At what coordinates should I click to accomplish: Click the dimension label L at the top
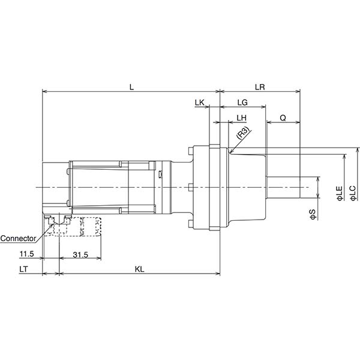[132, 87]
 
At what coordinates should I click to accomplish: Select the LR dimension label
[260, 87]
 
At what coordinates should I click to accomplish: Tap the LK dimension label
[200, 103]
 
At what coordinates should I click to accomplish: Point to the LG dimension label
[243, 103]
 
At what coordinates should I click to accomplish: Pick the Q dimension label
[283, 117]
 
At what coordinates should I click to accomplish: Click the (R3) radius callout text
[243, 133]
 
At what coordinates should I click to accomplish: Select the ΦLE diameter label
[339, 193]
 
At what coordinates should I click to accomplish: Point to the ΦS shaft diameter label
[312, 214]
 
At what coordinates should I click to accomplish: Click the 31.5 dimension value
[80, 255]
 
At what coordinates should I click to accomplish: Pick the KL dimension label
[139, 269]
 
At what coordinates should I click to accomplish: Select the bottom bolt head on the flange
[189, 225]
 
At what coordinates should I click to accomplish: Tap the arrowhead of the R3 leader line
[230, 151]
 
